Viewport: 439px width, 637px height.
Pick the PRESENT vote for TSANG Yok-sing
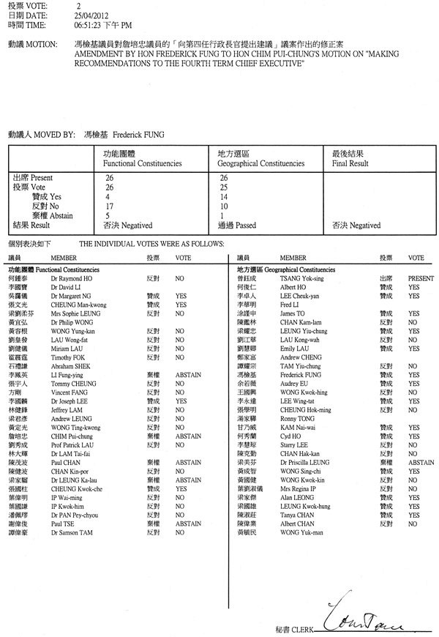pyautogui.click(x=421, y=279)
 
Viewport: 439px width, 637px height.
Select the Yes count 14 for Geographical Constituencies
pyautogui.click(x=224, y=197)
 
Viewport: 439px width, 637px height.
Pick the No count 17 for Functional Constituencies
pyautogui.click(x=110, y=206)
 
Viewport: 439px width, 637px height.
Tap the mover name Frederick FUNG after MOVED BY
pyautogui.click(x=144, y=135)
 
